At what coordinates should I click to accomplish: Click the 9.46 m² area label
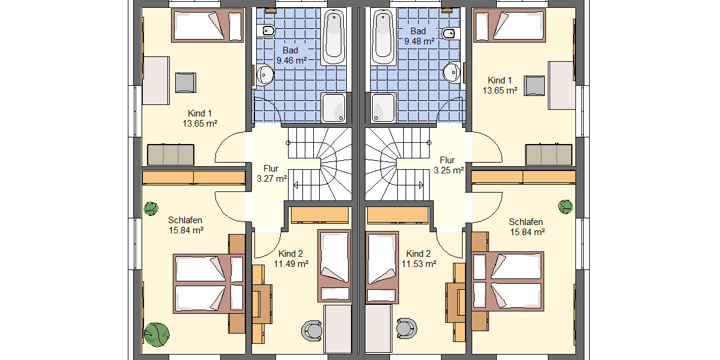292,60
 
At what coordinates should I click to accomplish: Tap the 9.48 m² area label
419,41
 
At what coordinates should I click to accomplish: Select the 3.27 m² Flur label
271,178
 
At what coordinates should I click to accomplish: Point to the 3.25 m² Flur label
448,170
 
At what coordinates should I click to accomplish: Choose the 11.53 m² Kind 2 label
419,263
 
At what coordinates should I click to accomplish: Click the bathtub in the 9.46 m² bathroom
335,37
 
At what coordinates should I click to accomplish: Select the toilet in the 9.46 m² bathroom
267,31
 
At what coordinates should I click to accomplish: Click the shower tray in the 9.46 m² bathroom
334,107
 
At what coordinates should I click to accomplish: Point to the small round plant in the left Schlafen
151,208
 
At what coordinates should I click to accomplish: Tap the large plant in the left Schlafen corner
156,334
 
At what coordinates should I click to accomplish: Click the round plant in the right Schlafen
565,207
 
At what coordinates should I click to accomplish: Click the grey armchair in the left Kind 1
185,82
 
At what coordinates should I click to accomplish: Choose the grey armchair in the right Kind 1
534,85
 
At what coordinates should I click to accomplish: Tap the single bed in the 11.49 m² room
334,265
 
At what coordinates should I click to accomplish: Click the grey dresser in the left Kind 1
171,154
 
